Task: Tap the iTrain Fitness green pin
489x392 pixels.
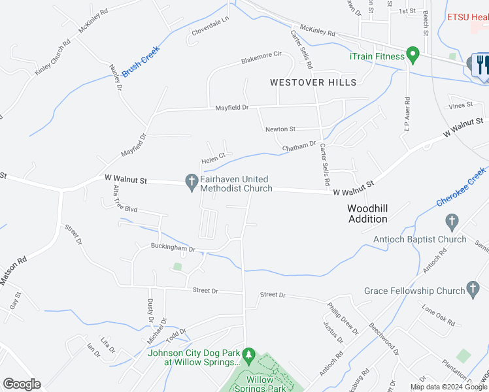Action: (413, 55)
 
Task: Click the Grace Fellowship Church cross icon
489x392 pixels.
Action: (474, 289)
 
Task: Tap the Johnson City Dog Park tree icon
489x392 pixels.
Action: (248, 354)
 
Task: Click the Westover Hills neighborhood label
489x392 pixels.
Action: (314, 82)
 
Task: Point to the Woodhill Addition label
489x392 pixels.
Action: (367, 214)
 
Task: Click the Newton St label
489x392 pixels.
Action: (280, 129)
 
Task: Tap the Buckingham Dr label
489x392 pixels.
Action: (173, 249)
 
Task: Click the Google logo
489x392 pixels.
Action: (22, 384)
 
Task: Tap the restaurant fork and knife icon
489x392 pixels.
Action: (482, 65)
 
